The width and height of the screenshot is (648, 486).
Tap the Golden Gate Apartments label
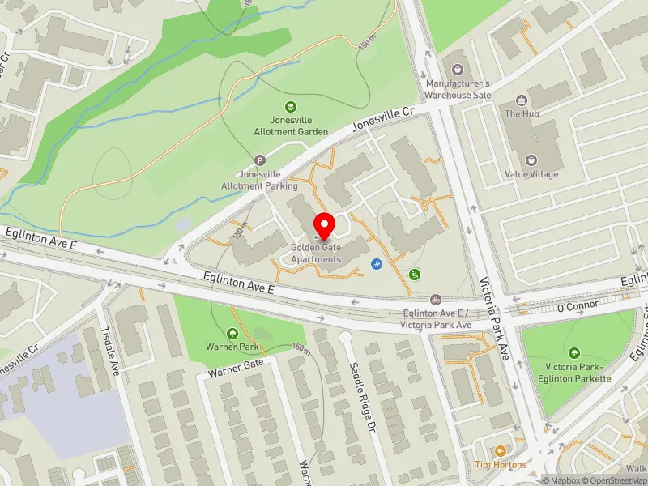(317, 254)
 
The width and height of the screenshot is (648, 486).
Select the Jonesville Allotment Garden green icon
(289, 107)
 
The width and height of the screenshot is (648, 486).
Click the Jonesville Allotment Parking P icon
(260, 160)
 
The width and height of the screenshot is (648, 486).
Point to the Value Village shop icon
(531, 160)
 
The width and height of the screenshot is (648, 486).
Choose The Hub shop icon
(522, 101)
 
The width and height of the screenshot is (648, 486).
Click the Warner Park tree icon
(232, 333)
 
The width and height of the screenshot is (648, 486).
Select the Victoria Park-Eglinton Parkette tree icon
(574, 352)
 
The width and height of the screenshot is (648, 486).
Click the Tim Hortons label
(501, 464)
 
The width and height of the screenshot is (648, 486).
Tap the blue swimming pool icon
(377, 265)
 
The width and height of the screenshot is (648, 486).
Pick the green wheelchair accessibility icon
(415, 275)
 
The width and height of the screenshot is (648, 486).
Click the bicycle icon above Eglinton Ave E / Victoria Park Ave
(436, 300)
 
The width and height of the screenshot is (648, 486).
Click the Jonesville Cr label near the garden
(384, 121)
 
